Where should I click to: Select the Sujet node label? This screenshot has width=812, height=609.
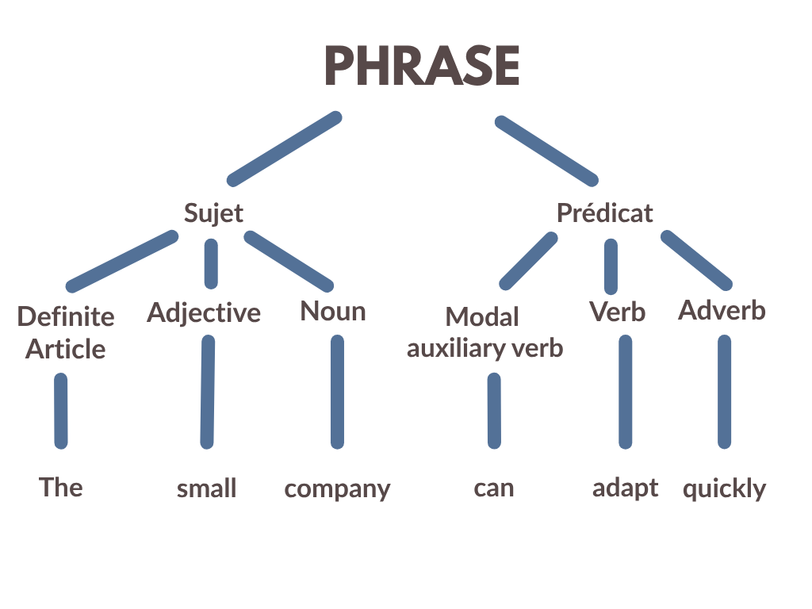coord(213,213)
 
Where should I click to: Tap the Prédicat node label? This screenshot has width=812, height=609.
coord(604,213)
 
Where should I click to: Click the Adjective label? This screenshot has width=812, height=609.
coord(204,313)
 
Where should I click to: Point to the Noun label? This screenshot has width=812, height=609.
coord(333,311)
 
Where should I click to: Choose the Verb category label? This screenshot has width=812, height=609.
coord(617,312)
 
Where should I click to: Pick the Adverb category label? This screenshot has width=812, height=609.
coord(722,310)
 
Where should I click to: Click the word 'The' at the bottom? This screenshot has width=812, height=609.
coord(60,487)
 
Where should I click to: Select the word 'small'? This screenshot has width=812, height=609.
coord(207,488)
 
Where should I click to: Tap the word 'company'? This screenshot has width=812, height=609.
coord(337,489)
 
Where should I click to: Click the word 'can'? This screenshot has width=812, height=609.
coord(494,488)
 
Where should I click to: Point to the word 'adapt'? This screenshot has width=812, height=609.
coord(625,488)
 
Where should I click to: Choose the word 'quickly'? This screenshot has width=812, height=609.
coord(724,488)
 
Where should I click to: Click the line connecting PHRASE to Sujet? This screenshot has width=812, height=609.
coord(285,148)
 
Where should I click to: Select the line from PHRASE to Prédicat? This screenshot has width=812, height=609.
coord(547,151)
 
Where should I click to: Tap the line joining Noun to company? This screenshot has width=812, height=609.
coord(337,392)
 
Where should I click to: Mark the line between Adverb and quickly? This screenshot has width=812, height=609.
coord(725,392)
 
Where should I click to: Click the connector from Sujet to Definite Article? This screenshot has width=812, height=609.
coord(122,261)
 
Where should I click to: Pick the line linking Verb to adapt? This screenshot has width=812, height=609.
coord(626,392)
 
